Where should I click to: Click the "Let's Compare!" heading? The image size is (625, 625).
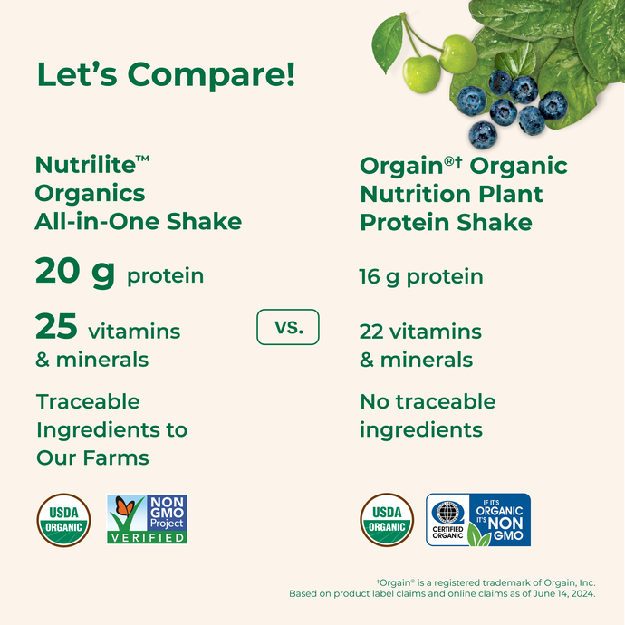[x=166, y=74]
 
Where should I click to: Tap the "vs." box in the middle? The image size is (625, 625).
[x=288, y=327]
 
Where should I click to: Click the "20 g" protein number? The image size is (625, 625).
[x=75, y=273]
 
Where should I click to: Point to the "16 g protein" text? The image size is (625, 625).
[x=421, y=276]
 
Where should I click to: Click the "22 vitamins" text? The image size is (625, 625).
[x=420, y=332]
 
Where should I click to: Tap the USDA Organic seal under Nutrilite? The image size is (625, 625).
[x=63, y=519]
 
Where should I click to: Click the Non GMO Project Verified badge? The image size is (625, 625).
[x=147, y=518]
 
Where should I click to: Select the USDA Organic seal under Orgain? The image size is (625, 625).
[x=387, y=519]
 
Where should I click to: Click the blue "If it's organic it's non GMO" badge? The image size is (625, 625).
[x=478, y=520]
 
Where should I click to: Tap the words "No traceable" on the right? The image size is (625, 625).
[x=428, y=401]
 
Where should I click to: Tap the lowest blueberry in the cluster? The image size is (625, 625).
[x=483, y=135]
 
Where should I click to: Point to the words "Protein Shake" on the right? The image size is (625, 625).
[x=446, y=222]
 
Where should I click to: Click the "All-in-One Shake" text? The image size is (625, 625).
[x=138, y=221]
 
